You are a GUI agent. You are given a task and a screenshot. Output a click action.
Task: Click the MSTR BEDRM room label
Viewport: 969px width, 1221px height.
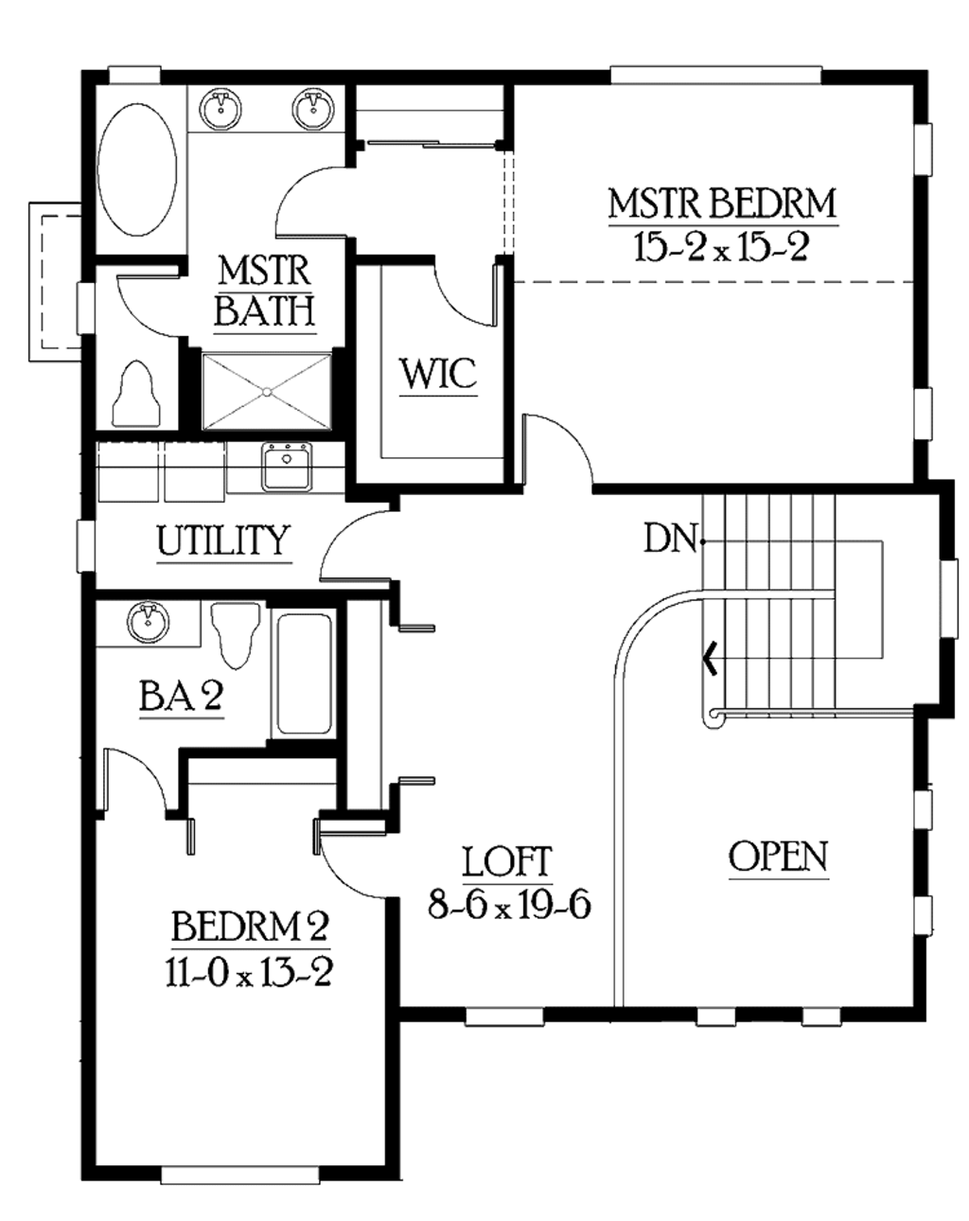[722, 203]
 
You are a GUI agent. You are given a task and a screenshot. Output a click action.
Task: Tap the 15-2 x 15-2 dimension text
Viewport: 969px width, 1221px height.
[722, 248]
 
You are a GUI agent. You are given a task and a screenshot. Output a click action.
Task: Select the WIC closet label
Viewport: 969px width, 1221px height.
[438, 373]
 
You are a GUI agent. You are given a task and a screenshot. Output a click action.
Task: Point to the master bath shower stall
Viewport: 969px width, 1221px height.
[267, 391]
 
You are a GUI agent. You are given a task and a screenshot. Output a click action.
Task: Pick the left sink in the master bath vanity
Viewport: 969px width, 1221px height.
[222, 107]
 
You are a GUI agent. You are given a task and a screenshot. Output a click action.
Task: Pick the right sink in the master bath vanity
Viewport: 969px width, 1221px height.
[311, 107]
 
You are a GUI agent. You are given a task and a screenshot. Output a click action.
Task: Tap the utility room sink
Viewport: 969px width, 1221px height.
[286, 467]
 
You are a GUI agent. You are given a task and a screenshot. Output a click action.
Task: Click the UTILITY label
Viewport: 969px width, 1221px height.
[223, 540]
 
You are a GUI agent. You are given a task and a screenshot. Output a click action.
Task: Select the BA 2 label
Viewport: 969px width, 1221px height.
[181, 697]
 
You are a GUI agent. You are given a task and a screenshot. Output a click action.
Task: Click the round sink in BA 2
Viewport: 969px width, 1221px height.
[147, 621]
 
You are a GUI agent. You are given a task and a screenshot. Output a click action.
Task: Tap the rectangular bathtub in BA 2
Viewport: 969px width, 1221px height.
[303, 674]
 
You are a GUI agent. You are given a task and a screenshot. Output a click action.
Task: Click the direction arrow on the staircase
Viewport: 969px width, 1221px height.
[708, 657]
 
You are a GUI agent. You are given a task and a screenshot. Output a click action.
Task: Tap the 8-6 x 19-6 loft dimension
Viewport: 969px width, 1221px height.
[509, 906]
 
